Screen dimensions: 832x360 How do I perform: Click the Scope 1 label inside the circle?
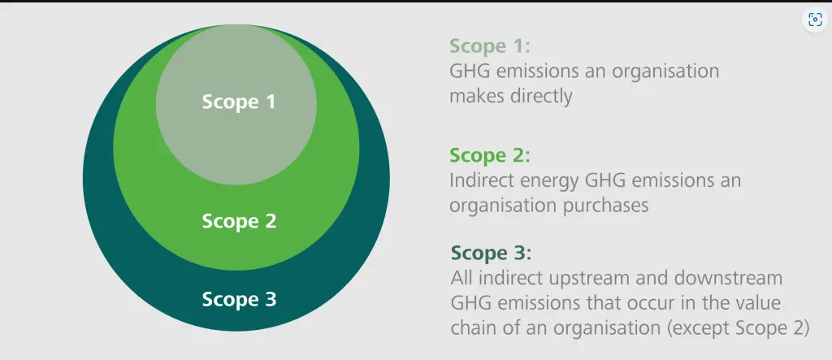point(239,102)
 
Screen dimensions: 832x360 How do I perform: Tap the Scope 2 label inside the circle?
point(239,221)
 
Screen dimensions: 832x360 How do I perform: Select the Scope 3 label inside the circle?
point(239,300)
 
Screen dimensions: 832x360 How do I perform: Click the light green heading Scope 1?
point(490,46)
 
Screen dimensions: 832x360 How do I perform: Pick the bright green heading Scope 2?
point(490,155)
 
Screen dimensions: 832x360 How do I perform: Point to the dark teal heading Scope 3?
point(491,254)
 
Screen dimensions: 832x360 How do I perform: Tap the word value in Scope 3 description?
point(756,302)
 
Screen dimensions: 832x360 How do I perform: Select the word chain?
point(474,328)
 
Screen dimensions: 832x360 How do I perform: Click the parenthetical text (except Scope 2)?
point(739,328)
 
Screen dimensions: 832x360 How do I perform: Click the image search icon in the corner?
point(814,20)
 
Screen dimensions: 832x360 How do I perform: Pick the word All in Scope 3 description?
point(460,278)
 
